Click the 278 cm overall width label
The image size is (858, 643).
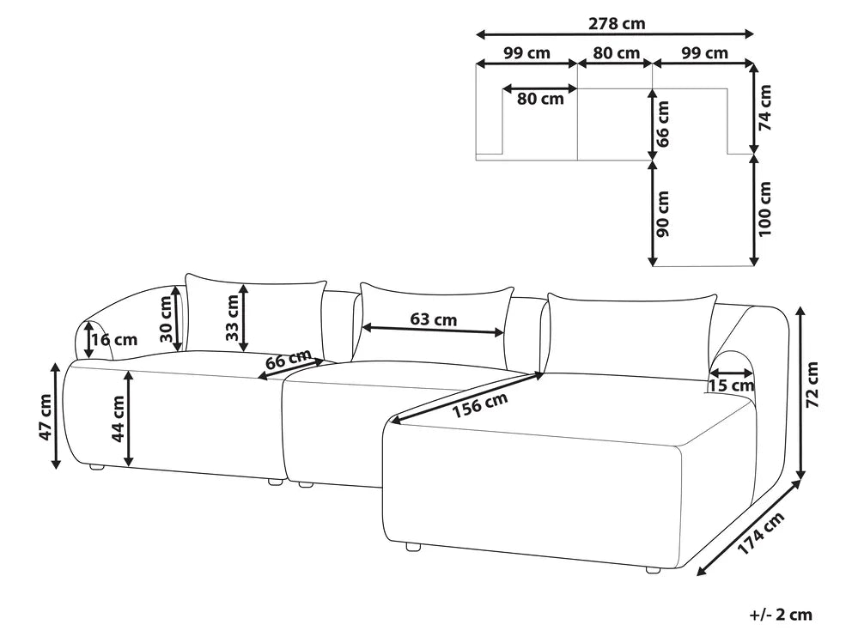click(617, 23)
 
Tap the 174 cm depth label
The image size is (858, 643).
click(761, 532)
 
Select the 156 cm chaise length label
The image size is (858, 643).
click(480, 405)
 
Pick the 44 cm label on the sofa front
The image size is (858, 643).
click(117, 418)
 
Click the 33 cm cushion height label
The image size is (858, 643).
click(232, 317)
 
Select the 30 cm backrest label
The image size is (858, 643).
click(166, 319)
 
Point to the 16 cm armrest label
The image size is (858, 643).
click(114, 340)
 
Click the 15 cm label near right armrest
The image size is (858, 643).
click(731, 385)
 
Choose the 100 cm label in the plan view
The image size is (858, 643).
click(764, 209)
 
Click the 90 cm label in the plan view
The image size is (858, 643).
click(663, 213)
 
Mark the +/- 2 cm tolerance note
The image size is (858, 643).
click(781, 615)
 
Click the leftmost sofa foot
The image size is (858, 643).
click(97, 468)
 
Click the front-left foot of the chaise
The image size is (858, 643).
click(412, 546)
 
